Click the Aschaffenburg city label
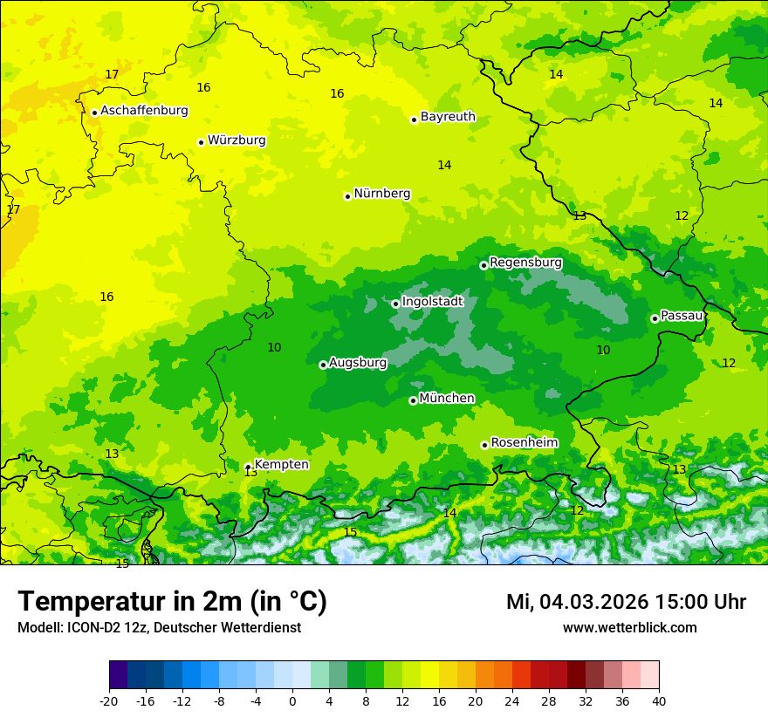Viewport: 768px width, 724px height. point(144,111)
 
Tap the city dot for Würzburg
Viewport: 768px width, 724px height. point(201,142)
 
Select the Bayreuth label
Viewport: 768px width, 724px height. point(448,117)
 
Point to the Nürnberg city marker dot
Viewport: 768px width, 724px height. point(347,196)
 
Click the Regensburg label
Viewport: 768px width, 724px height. point(525,263)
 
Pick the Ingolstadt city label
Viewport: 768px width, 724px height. point(432,302)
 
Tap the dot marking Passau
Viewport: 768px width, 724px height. point(655,318)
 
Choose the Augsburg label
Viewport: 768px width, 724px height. point(358,362)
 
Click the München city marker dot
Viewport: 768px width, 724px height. point(413,400)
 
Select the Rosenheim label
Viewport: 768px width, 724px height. point(524,443)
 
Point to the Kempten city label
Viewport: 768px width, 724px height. point(281,465)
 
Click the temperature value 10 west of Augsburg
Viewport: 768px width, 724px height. point(274,347)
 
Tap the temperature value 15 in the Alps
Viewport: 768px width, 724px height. point(350,532)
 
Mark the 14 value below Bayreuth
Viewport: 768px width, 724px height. point(444,165)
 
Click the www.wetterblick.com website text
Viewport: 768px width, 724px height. point(629,627)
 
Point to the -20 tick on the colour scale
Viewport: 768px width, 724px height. point(109,700)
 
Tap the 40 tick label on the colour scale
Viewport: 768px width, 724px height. point(659,700)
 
